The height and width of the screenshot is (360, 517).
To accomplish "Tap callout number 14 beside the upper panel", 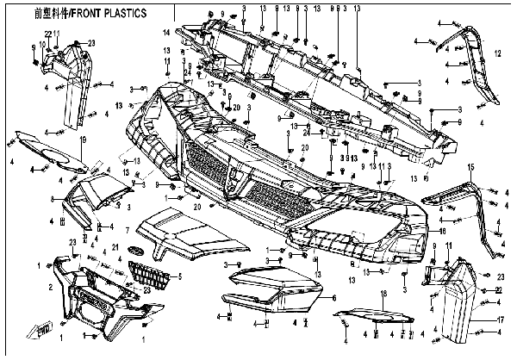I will click(x=165, y=33).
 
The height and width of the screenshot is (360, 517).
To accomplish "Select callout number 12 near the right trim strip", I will click(x=498, y=53).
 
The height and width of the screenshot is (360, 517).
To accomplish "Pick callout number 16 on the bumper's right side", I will click(x=442, y=231).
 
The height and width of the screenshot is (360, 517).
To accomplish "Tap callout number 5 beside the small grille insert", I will click(x=179, y=276).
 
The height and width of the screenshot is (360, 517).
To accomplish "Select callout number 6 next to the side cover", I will click(x=333, y=298).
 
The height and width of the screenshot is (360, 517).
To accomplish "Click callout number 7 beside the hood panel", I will click(x=128, y=230).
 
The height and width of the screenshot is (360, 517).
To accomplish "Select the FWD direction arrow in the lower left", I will click(x=40, y=326).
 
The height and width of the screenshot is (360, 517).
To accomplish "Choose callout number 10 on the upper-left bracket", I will click(x=41, y=43).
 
